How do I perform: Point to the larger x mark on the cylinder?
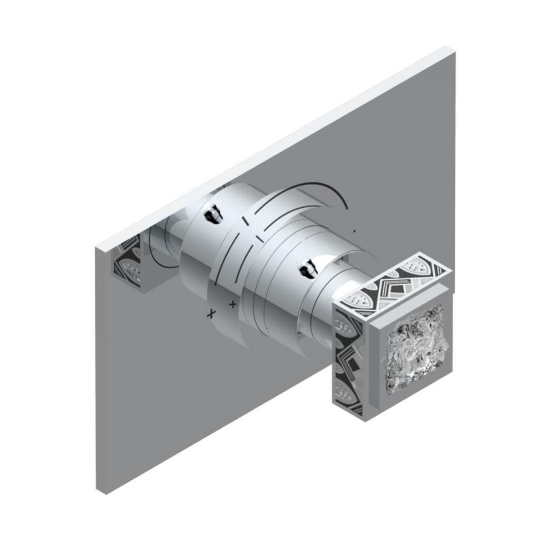(x=210, y=314)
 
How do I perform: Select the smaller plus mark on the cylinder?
(x=233, y=304)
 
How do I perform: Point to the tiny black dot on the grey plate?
(x=354, y=229)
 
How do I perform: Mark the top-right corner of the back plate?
(x=454, y=52)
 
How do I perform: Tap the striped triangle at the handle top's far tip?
(x=439, y=269)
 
